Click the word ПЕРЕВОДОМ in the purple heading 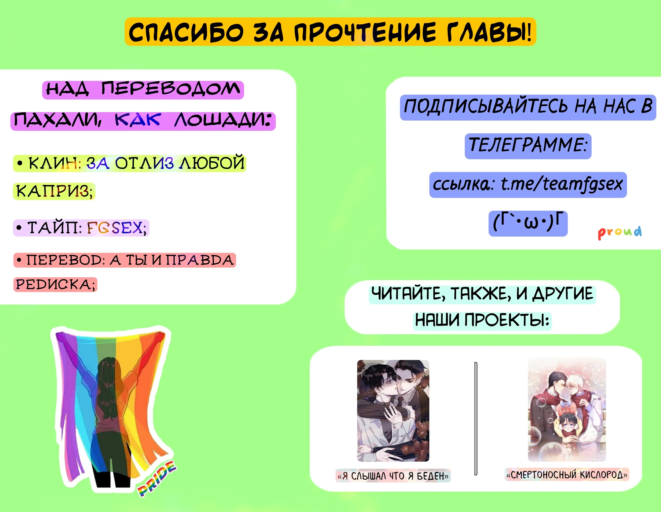170,89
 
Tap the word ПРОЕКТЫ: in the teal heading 507,320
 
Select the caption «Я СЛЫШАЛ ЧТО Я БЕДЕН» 393,476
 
